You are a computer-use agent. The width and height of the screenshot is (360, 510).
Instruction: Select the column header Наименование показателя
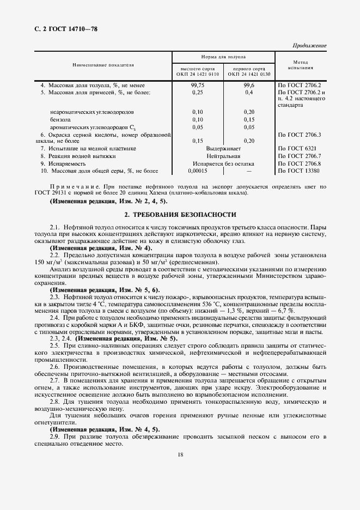[103, 65]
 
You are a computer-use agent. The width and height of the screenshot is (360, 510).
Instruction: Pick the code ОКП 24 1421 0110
[197, 74]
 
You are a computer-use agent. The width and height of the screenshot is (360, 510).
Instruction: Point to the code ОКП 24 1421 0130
[249, 74]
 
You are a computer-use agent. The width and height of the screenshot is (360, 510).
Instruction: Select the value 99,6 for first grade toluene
[249, 86]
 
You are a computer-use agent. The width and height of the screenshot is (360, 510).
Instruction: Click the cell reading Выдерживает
[223, 148]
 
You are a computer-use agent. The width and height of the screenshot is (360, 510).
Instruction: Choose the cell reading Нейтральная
[223, 156]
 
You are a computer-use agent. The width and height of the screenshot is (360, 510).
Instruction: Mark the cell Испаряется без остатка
[223, 163]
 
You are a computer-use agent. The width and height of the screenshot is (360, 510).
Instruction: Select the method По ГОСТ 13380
[299, 171]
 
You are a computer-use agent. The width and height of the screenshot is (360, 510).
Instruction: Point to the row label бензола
[60, 119]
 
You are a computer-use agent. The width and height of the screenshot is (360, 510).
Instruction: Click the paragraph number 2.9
[54, 438]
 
